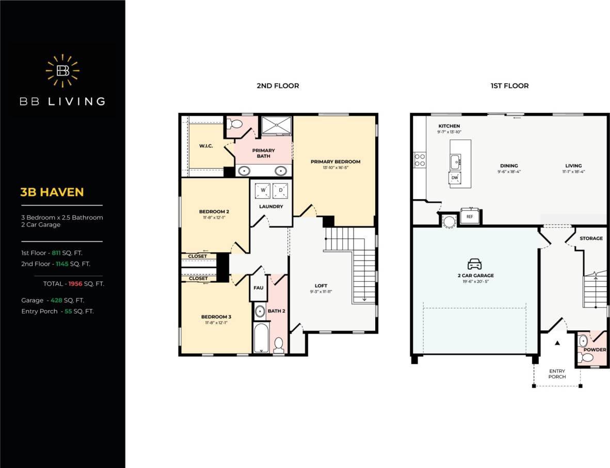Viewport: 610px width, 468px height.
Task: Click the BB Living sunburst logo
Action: [x=62, y=71]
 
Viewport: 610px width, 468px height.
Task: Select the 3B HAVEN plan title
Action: [x=52, y=192]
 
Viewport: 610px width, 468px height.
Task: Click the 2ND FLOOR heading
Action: [x=278, y=86]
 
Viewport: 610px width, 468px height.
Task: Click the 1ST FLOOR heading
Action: [x=509, y=86]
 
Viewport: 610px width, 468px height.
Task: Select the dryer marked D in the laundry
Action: [x=281, y=190]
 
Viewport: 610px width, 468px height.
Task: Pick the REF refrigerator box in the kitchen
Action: [x=470, y=217]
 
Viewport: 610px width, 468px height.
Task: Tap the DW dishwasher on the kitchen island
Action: [x=455, y=177]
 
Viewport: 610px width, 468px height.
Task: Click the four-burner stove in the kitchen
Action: [x=420, y=159]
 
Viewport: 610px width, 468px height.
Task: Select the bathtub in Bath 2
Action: [x=261, y=337]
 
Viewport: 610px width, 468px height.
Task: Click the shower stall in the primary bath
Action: [x=277, y=125]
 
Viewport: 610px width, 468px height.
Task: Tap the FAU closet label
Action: [x=259, y=289]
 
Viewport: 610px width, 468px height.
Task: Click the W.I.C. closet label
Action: [x=206, y=146]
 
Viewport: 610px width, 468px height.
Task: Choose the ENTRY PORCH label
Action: [x=557, y=374]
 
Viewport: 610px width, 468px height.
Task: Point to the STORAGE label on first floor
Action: [x=591, y=238]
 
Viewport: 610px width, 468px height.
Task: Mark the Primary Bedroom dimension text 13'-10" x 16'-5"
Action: [x=335, y=168]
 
